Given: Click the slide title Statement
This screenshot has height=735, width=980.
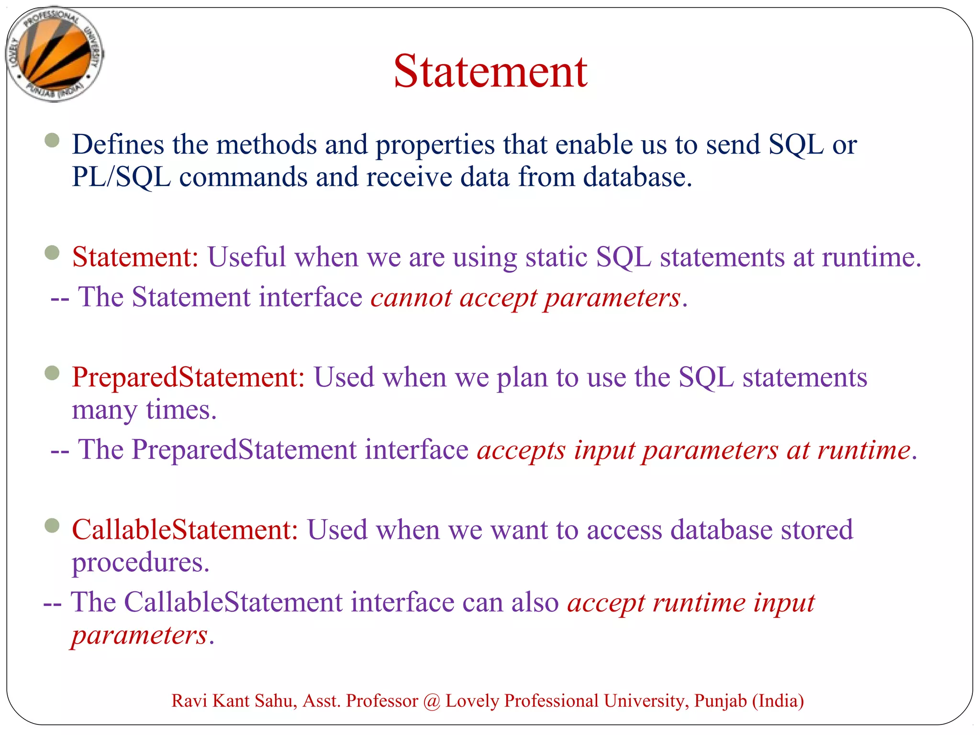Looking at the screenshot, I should click(490, 72).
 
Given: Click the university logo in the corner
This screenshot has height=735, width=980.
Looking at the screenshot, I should click(54, 54).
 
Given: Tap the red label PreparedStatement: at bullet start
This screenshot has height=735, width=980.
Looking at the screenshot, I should click(188, 378).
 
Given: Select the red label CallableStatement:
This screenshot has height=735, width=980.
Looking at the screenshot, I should click(185, 530).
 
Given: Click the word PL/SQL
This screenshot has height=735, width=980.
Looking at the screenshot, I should click(121, 177).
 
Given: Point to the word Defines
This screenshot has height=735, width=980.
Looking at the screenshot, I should click(118, 145).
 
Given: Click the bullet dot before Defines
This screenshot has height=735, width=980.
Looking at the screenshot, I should click(52, 140).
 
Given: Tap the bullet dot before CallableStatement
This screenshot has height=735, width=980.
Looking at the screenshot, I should click(52, 526).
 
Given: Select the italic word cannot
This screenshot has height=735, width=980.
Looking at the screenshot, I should click(411, 298).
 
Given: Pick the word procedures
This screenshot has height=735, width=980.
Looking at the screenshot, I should click(140, 563).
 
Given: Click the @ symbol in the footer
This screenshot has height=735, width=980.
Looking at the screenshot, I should click(432, 701).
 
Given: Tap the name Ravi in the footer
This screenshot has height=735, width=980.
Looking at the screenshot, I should click(189, 701).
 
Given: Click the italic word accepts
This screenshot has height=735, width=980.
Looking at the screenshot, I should click(521, 450).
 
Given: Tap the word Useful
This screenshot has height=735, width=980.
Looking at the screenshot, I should click(246, 257).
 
